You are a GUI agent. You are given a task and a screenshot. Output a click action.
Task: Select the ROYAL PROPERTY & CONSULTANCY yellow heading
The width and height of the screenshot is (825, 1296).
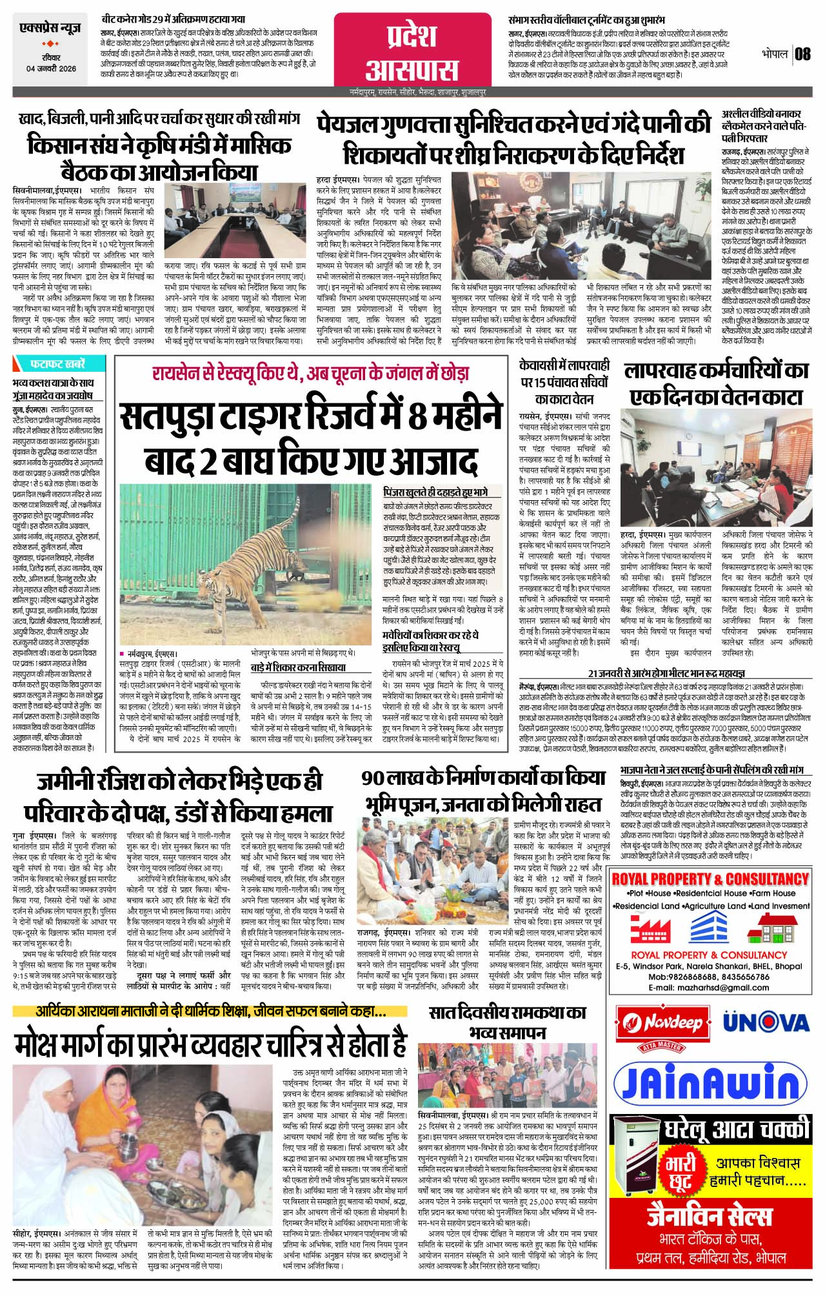click(x=710, y=880)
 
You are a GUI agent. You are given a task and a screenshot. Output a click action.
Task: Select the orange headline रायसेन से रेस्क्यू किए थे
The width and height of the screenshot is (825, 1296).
click(x=310, y=373)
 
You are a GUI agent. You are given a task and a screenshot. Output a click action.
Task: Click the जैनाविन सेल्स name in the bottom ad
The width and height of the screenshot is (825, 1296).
click(x=710, y=1217)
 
